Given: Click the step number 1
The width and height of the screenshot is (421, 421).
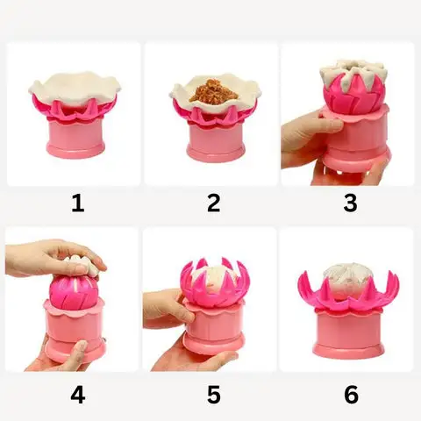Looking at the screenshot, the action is [x=78, y=203].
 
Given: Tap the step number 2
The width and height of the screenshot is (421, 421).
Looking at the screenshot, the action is [x=214, y=203].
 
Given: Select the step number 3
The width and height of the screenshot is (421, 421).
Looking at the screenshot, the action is [x=350, y=203].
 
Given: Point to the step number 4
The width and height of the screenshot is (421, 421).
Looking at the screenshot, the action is [x=78, y=395].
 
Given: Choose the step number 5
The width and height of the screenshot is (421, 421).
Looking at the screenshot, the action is [x=214, y=395].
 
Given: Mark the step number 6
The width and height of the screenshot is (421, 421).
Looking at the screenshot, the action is [x=351, y=395].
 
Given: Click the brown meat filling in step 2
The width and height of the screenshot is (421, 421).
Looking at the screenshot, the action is [x=214, y=90].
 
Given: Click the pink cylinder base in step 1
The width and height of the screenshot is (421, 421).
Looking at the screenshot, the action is [x=75, y=138].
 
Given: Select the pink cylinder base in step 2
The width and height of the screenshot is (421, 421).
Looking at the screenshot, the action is [x=216, y=143].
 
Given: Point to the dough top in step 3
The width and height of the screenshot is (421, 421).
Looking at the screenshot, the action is [x=353, y=72].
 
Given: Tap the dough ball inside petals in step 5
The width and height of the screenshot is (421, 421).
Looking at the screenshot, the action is [x=213, y=281].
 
